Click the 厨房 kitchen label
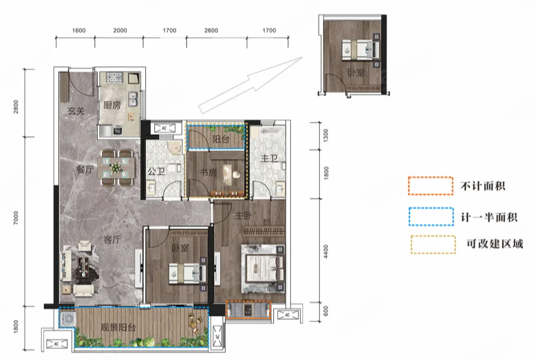tap(112, 105)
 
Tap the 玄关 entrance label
tap(76, 111)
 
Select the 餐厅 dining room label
tap(85, 169)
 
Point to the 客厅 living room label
tap(112, 240)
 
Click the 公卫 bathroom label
tap(156, 171)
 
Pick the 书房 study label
tap(208, 172)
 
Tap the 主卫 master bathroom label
tap(269, 158)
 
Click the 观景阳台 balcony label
tap(118, 328)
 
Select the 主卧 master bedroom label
tap(243, 215)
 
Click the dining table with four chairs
tap(116, 168)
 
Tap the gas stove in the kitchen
tap(114, 78)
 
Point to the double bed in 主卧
tap(264, 268)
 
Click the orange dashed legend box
tap(431, 186)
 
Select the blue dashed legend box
tap(431, 216)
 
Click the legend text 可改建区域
tap(495, 244)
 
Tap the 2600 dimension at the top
tap(211, 30)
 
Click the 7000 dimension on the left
tap(16, 218)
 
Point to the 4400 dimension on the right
tap(325, 251)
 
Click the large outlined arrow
tap(250, 85)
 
